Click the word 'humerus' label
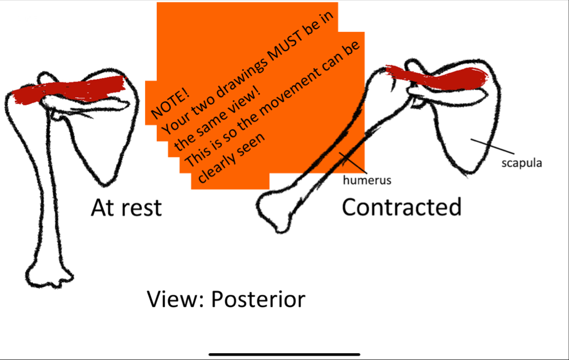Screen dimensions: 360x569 367,180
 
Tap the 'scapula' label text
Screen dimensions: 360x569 521,163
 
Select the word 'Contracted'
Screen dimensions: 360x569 401,208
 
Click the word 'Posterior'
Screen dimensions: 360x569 258,299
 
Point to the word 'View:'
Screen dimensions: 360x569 176,299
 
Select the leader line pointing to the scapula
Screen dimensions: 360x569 492,146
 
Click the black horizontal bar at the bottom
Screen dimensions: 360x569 284,354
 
